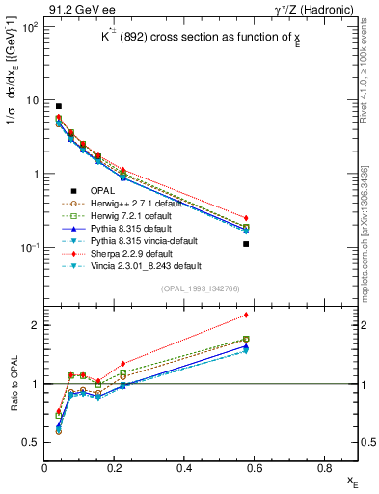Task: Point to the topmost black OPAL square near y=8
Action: coord(59,106)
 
